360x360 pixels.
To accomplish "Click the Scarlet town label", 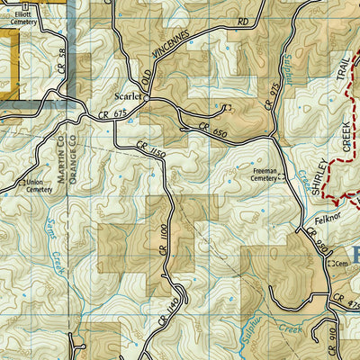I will tap(127, 90).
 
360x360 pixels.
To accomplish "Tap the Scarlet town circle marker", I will tap(148, 98).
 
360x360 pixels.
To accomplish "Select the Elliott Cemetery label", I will tap(19, 18).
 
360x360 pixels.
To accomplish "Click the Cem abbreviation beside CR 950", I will tap(341, 264).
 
